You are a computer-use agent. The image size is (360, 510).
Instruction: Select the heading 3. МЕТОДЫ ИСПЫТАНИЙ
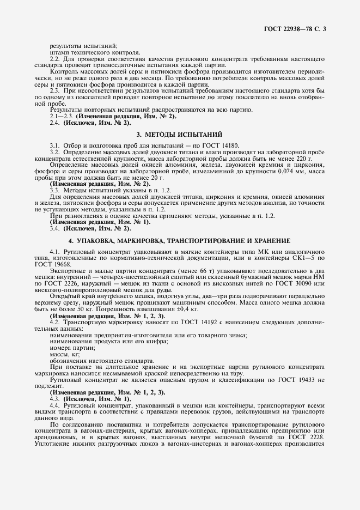tap(180, 134)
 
